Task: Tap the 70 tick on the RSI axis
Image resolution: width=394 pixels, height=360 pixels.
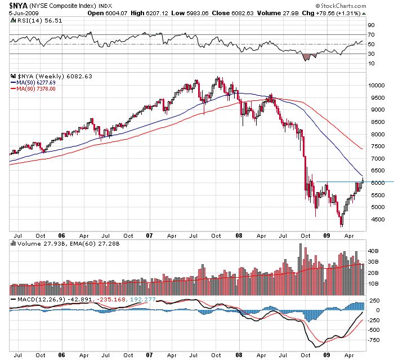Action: coord(371,34)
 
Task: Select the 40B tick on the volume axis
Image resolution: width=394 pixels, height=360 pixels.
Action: coord(373,250)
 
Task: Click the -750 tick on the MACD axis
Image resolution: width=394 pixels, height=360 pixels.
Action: coord(373,340)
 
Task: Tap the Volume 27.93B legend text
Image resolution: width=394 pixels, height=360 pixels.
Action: coord(39,244)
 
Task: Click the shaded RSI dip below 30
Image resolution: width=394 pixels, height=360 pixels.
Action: coord(307,56)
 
